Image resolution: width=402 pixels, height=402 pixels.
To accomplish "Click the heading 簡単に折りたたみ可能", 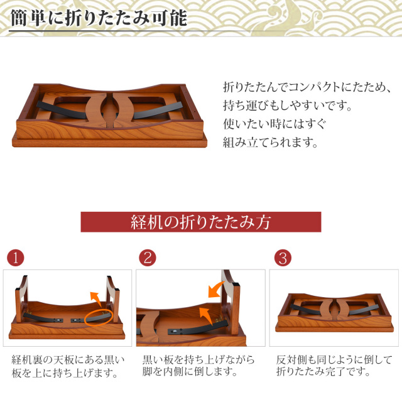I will tap(99, 18).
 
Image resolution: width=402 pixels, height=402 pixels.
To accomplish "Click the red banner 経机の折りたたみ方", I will tap(200, 222).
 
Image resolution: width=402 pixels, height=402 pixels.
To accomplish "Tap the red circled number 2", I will tap(148, 258).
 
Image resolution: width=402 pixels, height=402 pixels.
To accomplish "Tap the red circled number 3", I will tap(283, 258).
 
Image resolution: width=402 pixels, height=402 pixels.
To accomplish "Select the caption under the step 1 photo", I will tap(68, 366).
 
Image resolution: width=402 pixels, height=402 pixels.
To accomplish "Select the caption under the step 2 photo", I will tap(198, 366).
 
